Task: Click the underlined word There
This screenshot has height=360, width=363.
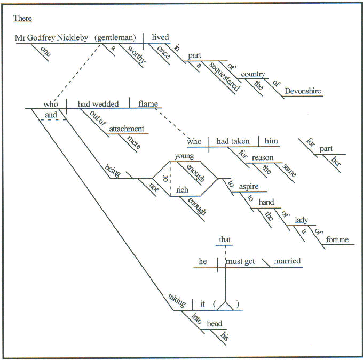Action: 22,19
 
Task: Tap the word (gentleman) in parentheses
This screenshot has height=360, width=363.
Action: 116,37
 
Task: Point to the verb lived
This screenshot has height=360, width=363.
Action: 160,37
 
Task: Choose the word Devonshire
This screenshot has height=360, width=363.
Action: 303,91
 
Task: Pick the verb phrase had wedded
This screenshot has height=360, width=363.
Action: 98,104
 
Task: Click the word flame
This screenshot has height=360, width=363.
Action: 148,104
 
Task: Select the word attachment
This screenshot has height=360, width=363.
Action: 127,129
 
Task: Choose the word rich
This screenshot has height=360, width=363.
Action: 183,190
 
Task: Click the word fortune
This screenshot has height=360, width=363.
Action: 336,240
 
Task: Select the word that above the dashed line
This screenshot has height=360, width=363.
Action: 225,240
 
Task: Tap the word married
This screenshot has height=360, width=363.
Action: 287,261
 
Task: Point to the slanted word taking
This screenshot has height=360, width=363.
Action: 177,302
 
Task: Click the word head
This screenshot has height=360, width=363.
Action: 215,323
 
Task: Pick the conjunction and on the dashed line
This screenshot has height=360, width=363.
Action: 51,115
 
